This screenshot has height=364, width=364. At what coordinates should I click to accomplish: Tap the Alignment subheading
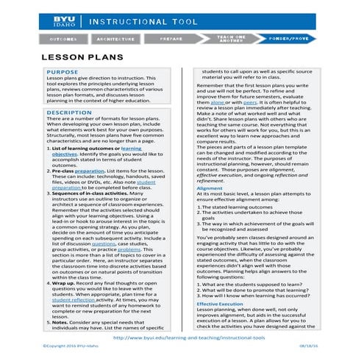tap(209, 188)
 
